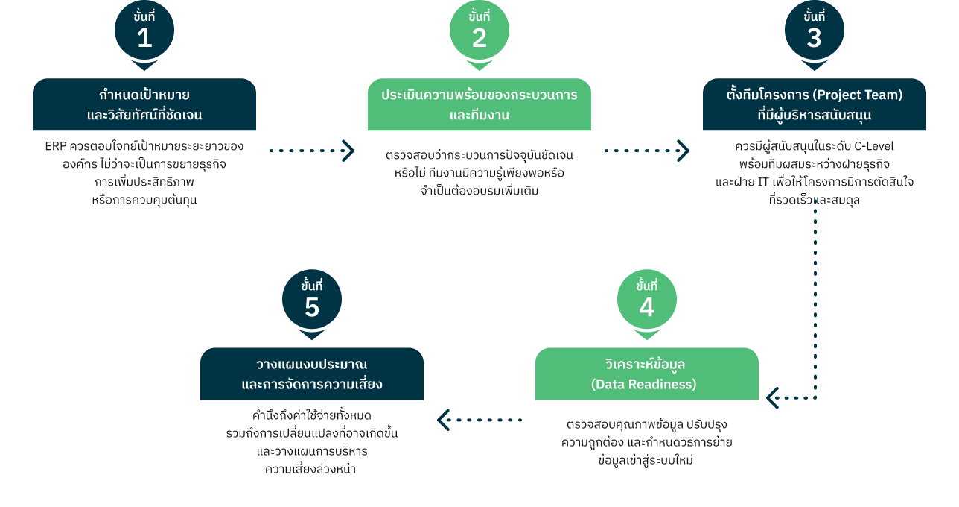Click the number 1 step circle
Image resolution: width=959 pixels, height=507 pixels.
tap(144, 30)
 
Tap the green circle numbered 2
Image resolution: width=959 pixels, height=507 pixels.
tap(479, 30)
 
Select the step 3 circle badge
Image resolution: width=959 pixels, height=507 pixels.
tap(815, 30)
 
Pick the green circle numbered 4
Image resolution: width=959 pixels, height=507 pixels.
tap(646, 299)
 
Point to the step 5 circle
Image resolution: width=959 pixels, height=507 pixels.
tap(312, 299)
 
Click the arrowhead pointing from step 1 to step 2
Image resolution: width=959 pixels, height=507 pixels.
tap(348, 151)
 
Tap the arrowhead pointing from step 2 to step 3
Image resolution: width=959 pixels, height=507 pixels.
tap(684, 151)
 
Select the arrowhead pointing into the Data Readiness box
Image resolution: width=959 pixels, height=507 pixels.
tap(772, 398)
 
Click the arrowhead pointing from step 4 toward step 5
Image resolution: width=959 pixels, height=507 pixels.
tap(443, 420)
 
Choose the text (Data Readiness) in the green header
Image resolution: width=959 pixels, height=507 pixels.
tap(644, 384)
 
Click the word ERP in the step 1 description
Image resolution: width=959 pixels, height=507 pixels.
tap(56, 146)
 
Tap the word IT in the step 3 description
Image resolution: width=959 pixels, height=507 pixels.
tap(763, 182)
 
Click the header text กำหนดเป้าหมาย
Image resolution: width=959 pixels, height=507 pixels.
tap(144, 95)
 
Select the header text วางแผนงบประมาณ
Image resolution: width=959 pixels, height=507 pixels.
tap(312, 365)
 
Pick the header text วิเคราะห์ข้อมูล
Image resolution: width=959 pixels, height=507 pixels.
tap(646, 364)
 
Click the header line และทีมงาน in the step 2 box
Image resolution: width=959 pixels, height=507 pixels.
tap(479, 115)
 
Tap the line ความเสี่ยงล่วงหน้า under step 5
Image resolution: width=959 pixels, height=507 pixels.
tap(310, 469)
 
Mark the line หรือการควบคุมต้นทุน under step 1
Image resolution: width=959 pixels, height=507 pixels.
tap(144, 200)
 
